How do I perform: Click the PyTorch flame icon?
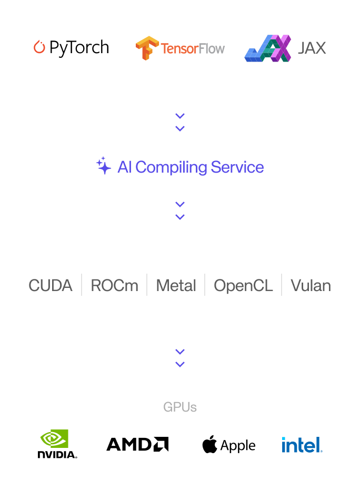39,47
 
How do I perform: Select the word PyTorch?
79,48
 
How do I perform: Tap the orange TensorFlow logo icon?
147,48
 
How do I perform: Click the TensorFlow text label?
193,49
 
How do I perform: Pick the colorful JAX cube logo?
268,48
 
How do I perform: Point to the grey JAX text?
312,48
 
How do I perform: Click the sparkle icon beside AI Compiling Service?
104,166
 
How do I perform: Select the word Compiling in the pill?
171,167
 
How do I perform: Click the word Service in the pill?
237,167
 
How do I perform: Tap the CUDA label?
51,285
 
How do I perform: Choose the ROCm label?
114,285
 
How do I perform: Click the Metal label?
176,285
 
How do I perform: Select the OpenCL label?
243,285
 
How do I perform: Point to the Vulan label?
311,285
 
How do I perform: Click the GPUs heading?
180,407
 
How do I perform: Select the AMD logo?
137,444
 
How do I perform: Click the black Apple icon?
209,445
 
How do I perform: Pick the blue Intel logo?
302,445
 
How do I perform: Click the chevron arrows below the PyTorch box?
180,122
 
